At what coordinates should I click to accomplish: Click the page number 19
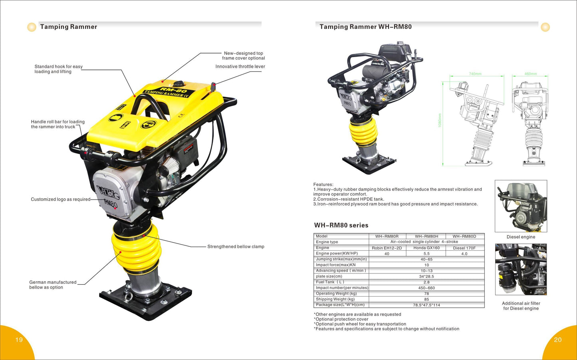(x=19, y=340)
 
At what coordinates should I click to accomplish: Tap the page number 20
(x=558, y=340)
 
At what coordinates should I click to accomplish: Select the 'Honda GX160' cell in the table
(x=426, y=248)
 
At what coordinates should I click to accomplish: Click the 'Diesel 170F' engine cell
(x=464, y=248)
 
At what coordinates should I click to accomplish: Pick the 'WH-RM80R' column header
(x=387, y=236)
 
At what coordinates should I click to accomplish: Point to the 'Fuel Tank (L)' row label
(x=330, y=282)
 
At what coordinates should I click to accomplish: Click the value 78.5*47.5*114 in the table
(x=426, y=305)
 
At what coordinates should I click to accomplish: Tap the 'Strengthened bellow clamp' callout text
(x=236, y=246)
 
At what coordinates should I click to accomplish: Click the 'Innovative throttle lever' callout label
(x=240, y=66)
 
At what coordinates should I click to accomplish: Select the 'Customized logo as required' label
(x=61, y=199)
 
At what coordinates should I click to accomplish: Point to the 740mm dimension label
(x=475, y=74)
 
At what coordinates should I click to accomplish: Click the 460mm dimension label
(x=531, y=74)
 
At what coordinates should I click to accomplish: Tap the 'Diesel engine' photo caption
(x=521, y=237)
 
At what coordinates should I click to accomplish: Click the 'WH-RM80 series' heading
(x=341, y=225)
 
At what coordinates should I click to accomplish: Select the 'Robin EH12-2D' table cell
(x=387, y=248)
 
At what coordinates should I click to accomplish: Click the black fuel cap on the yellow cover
(x=178, y=84)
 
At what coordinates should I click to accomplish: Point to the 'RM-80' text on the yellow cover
(x=173, y=90)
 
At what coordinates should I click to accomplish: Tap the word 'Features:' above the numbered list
(x=323, y=184)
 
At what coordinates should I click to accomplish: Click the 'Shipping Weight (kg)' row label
(x=335, y=299)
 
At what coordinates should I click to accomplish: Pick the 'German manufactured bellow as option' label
(x=53, y=285)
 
